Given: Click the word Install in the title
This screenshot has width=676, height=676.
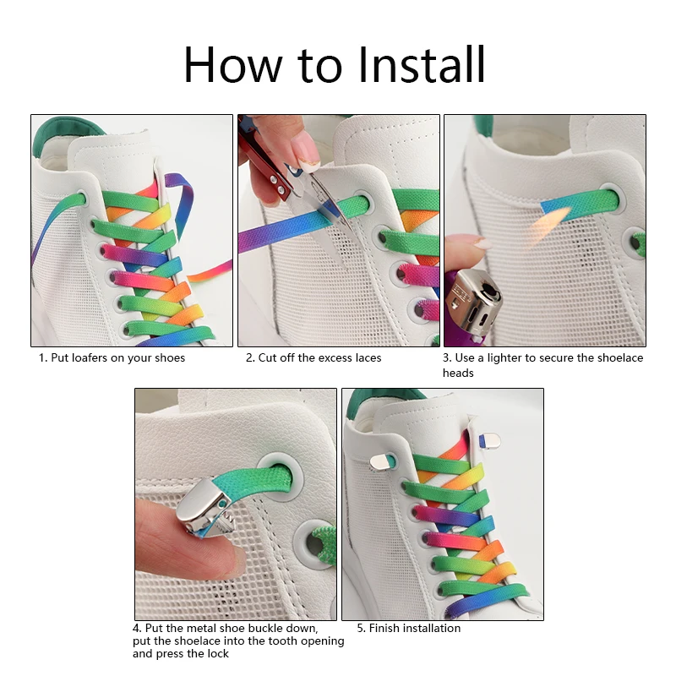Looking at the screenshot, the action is [x=422, y=65].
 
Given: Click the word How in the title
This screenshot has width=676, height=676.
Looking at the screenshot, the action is [x=233, y=65].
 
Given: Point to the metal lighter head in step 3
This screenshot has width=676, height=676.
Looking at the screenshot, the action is [x=473, y=302].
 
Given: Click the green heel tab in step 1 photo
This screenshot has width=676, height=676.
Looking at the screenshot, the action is [x=65, y=134].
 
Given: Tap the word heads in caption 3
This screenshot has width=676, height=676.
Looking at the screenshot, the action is [x=458, y=373].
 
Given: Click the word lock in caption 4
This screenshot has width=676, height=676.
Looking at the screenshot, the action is [x=218, y=654].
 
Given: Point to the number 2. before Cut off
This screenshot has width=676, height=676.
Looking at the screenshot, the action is [x=250, y=358].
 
